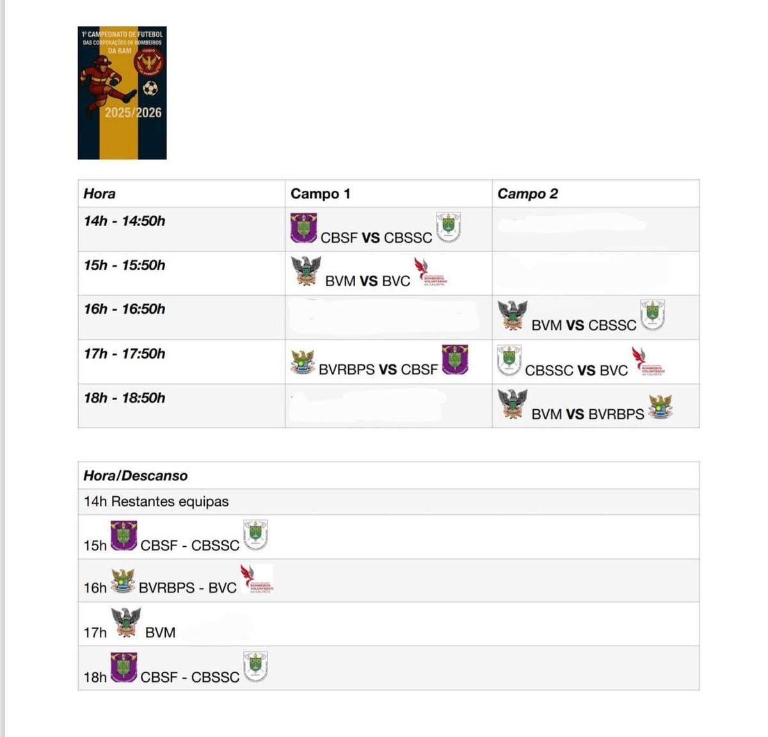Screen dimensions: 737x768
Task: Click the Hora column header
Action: click(x=99, y=194)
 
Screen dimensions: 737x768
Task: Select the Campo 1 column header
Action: click(x=320, y=194)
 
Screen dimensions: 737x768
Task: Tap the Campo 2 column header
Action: click(x=527, y=194)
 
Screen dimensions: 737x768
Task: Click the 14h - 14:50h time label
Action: click(x=124, y=221)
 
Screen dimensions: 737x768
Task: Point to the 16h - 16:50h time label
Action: click(x=124, y=309)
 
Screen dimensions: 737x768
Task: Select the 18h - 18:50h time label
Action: click(x=124, y=398)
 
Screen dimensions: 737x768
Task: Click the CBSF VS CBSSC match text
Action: click(x=376, y=238)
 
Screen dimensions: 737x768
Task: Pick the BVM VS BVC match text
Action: click(x=367, y=281)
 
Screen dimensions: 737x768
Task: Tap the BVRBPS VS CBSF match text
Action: click(x=378, y=369)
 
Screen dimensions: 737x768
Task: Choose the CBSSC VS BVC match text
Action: click(x=576, y=370)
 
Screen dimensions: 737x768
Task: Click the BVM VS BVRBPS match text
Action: click(x=588, y=414)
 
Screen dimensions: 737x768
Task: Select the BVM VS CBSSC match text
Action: click(x=584, y=325)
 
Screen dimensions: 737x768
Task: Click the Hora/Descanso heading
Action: click(x=136, y=476)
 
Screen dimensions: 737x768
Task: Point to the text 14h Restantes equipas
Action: click(x=156, y=501)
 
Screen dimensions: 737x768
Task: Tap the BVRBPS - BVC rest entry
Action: click(x=188, y=588)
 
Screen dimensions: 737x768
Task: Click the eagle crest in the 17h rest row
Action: click(x=126, y=622)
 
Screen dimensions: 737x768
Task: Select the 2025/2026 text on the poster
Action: click(x=133, y=113)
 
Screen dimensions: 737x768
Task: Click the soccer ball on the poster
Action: click(x=150, y=88)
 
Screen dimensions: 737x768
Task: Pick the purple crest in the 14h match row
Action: click(x=303, y=228)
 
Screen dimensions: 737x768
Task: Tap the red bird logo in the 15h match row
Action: click(x=427, y=271)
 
